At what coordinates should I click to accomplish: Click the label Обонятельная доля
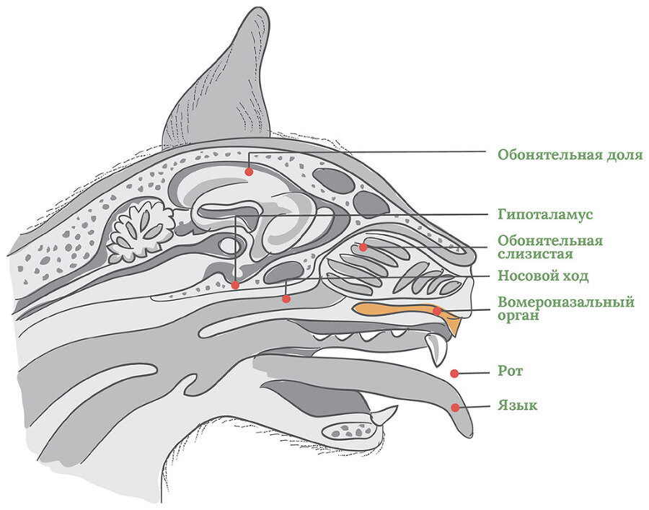(570, 155)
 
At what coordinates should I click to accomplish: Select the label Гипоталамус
(544, 215)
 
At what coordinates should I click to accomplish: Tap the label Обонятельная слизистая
(550, 247)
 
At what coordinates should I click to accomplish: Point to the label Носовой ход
(543, 276)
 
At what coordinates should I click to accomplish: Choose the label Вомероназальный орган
(565, 308)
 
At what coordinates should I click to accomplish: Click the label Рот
(510, 371)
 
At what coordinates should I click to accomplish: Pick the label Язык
(517, 406)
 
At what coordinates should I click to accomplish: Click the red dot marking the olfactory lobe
(249, 172)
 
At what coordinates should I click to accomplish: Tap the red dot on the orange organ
(437, 311)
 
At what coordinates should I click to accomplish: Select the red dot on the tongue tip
(455, 408)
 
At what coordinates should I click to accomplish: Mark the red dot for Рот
(454, 373)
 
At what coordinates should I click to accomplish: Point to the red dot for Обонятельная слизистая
(363, 247)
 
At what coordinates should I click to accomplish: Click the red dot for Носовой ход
(286, 298)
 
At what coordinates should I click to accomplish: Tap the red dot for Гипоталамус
(236, 286)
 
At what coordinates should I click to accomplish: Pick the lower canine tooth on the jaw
(382, 416)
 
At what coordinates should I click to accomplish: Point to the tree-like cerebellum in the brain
(143, 229)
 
